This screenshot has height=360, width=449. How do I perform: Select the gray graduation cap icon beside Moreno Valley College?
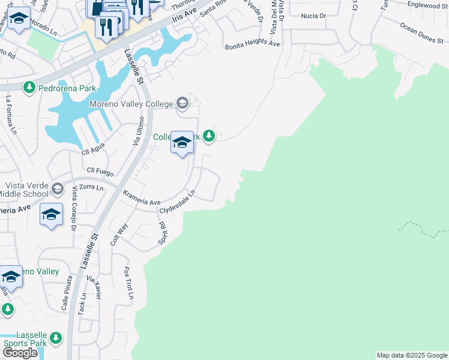(x=182, y=104)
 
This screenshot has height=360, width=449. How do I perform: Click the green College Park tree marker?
(x=208, y=137)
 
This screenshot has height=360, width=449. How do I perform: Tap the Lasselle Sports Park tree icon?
(x=56, y=338)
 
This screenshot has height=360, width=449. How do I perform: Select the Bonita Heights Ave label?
(x=253, y=44)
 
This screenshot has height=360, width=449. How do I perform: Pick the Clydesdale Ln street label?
(x=178, y=202)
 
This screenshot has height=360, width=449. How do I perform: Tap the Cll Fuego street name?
(x=100, y=171)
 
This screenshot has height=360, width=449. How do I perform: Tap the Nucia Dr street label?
(x=313, y=16)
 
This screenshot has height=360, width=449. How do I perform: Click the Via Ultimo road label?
(x=136, y=131)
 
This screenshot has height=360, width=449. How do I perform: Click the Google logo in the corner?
(x=20, y=353)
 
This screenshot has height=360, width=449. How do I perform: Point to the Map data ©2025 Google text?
(x=411, y=355)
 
